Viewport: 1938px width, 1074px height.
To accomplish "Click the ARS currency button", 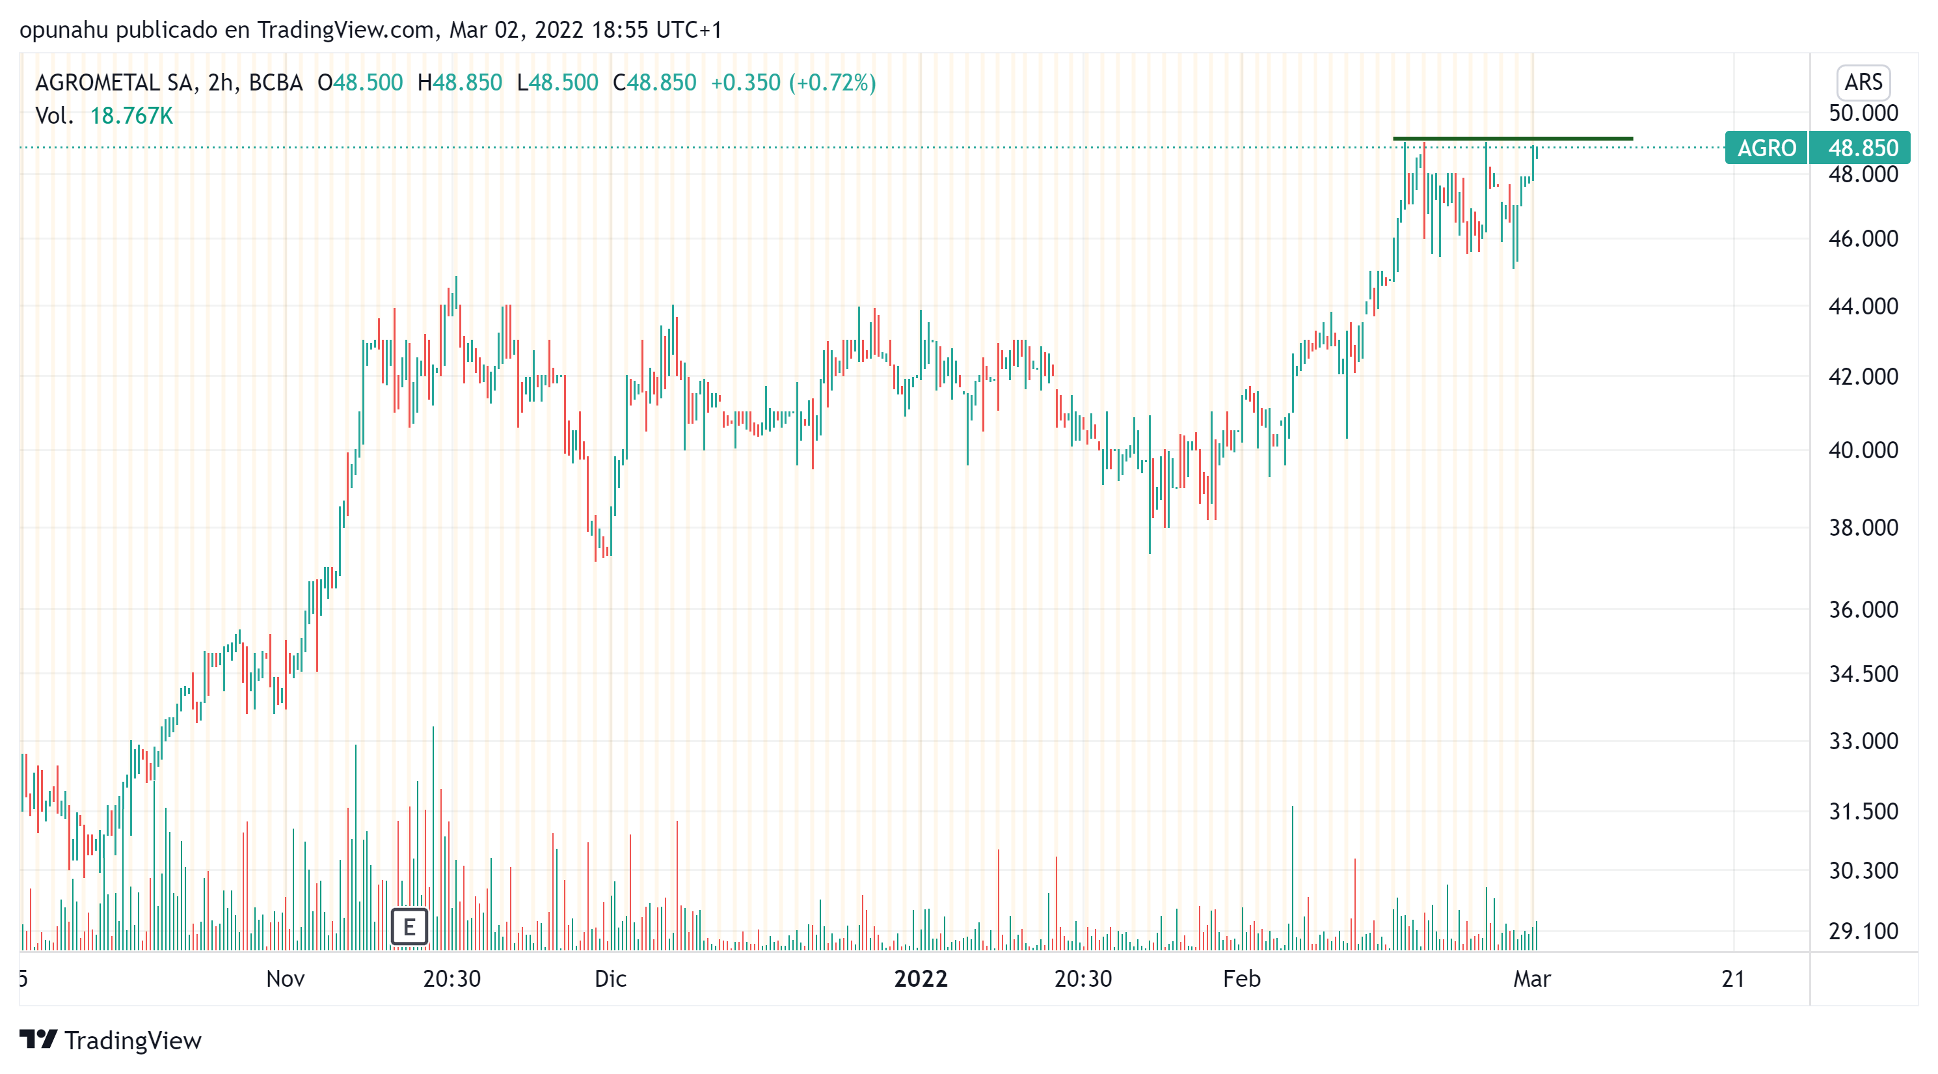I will coord(1862,82).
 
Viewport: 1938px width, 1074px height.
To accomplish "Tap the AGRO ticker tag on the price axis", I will coord(1766,148).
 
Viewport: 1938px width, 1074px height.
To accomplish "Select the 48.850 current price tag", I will coord(1862,148).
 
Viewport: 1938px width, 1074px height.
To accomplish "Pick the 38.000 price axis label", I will coord(1862,528).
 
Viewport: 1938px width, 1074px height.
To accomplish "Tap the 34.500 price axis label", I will coord(1862,674).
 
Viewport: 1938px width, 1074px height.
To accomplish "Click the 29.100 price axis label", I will coord(1862,931).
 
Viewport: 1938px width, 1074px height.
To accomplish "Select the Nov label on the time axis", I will coord(285,978).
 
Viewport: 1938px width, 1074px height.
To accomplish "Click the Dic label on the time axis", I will coord(610,978).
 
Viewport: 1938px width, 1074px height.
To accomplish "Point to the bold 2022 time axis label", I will coord(920,978).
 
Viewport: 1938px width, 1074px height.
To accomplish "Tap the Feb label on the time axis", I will coord(1241,978).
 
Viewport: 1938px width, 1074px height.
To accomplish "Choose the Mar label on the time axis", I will coord(1532,978).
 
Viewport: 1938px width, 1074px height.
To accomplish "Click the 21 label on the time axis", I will coord(1732,978).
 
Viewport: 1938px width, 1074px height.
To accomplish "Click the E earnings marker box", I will coord(409,926).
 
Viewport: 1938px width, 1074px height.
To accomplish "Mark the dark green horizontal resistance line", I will coord(1512,139).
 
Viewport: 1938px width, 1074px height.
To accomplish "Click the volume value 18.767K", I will coord(131,116).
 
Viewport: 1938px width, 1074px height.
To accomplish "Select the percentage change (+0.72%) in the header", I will coord(832,82).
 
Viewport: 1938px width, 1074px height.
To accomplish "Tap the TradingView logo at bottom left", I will coord(111,1040).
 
